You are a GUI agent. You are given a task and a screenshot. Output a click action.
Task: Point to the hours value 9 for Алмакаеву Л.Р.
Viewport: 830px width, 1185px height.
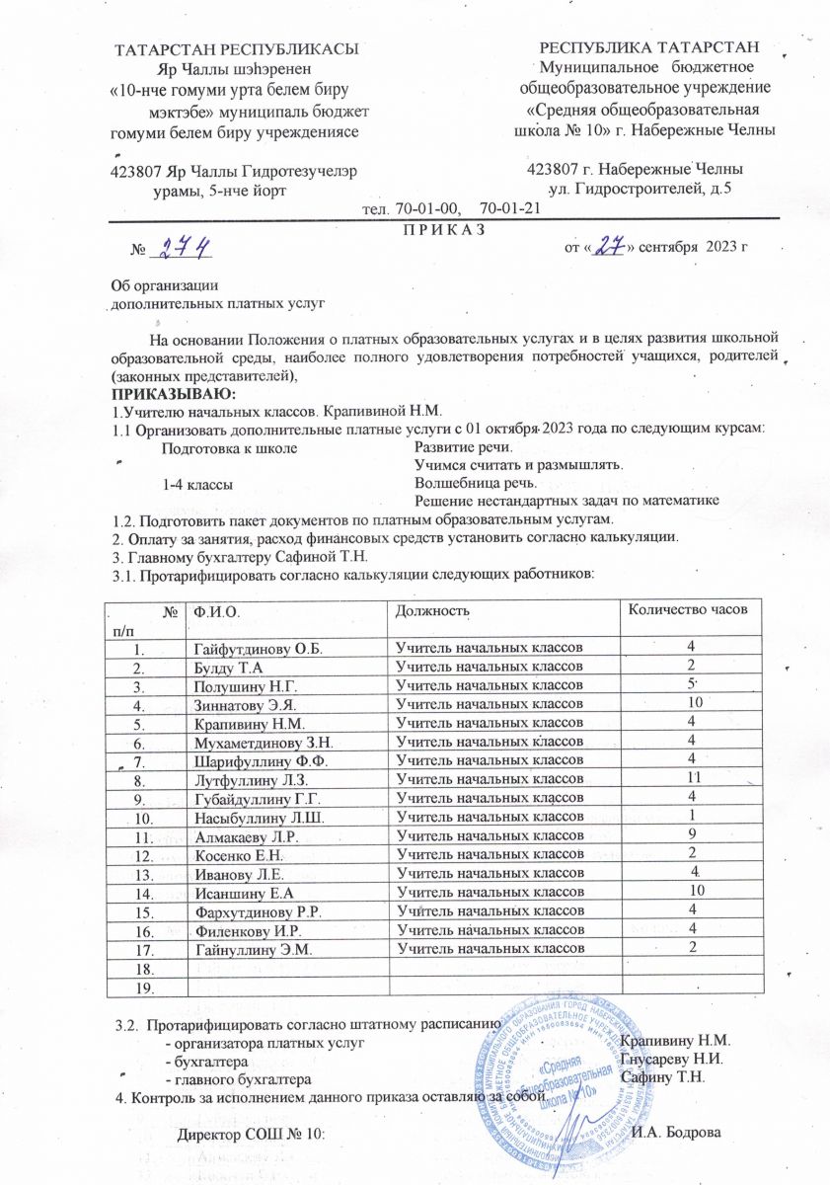tap(692, 834)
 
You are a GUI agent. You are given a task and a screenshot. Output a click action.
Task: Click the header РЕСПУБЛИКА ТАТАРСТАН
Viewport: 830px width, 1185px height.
tap(650, 47)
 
